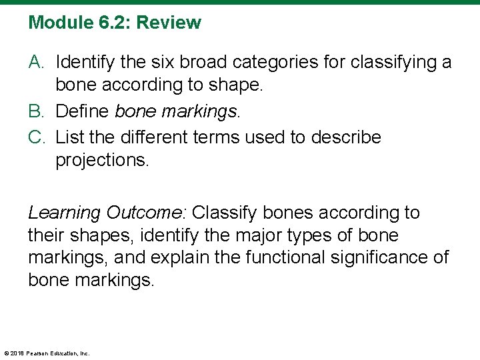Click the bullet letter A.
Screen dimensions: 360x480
[37, 63]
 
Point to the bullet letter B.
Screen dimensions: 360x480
[37, 111]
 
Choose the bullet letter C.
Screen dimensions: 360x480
[37, 137]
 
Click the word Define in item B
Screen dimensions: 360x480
[83, 111]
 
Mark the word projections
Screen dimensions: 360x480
[101, 161]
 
